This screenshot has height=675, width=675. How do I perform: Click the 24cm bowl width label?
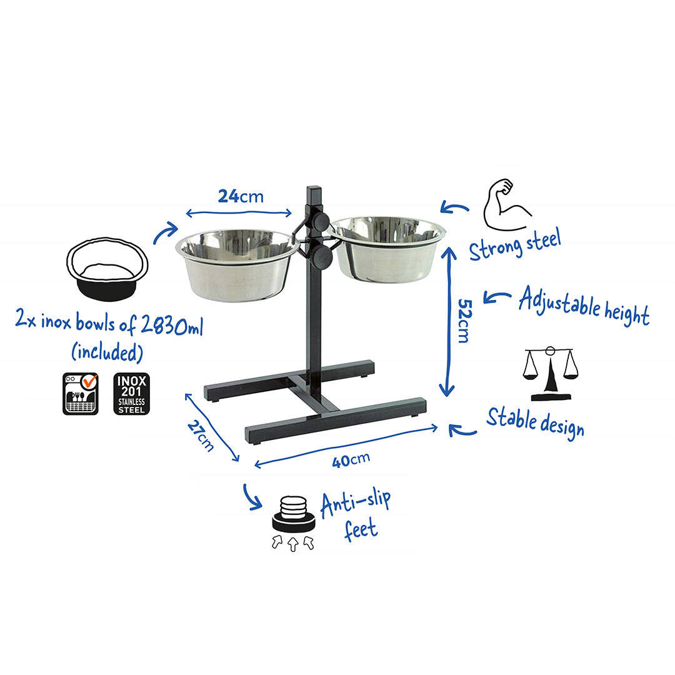click(240, 196)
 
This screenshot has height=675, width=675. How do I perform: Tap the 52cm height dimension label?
click(464, 321)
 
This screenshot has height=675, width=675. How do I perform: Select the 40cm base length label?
click(351, 460)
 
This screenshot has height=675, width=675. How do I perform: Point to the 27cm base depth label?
click(201, 436)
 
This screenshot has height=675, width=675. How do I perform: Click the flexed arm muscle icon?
click(506, 205)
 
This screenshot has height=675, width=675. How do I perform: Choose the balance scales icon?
click(551, 372)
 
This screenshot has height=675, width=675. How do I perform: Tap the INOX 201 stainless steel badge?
click(131, 394)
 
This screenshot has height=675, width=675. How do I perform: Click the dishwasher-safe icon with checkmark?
click(81, 394)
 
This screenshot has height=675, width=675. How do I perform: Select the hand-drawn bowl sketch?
click(107, 268)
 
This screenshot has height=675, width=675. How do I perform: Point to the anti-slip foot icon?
click(293, 522)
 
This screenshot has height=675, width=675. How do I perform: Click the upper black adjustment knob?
click(320, 222)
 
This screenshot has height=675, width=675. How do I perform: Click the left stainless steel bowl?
click(237, 264)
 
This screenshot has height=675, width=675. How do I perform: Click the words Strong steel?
click(515, 244)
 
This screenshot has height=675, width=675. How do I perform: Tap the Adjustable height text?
click(584, 305)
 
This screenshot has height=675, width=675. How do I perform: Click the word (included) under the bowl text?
click(107, 352)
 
